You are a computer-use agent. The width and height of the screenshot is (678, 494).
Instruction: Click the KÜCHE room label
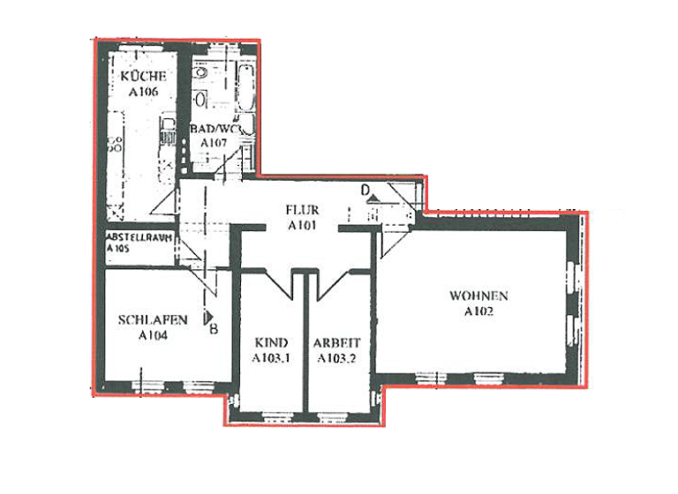click(143, 77)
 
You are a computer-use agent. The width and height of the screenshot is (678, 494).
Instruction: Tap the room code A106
click(143, 91)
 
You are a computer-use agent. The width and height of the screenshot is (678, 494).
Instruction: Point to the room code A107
click(213, 142)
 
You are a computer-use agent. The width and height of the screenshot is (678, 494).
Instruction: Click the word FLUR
click(301, 210)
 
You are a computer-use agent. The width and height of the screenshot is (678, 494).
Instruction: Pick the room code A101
click(302, 225)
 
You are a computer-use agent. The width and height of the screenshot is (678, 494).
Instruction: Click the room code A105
click(117, 250)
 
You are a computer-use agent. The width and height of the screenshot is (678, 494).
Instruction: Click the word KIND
click(268, 342)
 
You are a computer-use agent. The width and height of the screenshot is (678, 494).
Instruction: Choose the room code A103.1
click(270, 357)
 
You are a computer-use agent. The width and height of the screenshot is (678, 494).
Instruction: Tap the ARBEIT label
click(337, 342)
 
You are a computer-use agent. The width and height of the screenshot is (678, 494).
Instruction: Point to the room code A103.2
click(337, 357)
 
